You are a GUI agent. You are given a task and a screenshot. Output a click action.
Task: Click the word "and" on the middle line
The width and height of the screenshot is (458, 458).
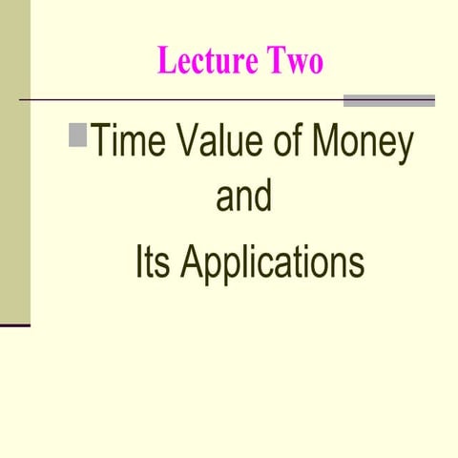pos(243,199)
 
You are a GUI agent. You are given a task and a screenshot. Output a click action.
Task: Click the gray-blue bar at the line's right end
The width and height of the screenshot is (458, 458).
pos(388,100)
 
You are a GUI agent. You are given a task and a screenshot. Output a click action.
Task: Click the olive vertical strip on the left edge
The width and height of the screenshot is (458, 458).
pos(15,162)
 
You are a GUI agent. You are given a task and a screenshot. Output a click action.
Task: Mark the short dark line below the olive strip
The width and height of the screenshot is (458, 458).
pos(15,325)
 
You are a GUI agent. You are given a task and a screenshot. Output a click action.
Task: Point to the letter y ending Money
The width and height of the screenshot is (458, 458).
pos(405,150)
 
